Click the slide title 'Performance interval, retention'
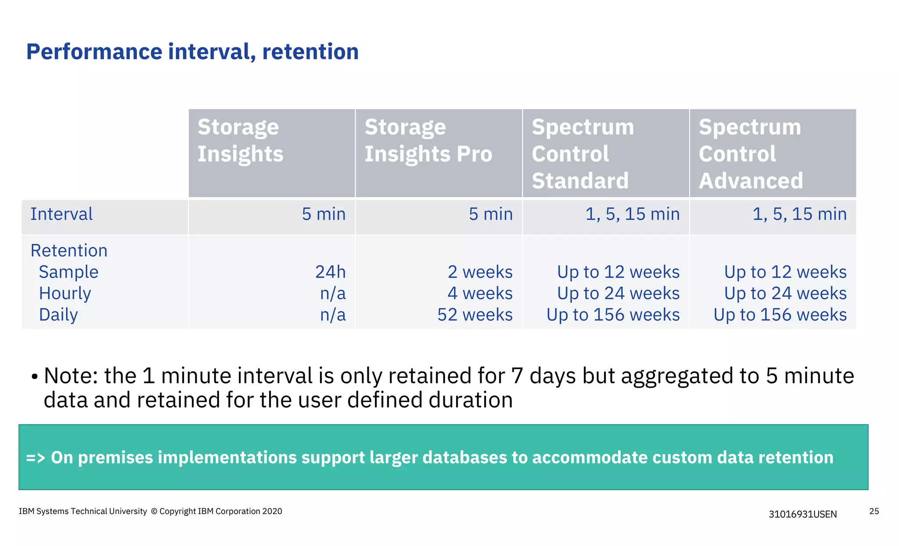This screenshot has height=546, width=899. pos(192,52)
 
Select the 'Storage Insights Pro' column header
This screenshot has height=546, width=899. pos(428,141)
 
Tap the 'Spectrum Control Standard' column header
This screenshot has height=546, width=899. pos(583,154)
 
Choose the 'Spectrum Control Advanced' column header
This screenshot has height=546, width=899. pos(751,154)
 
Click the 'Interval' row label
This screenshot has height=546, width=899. pos(61,214)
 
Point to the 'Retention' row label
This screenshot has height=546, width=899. pos(69,251)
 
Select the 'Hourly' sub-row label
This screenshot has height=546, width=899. pos(65,293)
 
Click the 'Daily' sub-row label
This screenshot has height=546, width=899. pos(58,315)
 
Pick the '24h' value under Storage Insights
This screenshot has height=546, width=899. pos(330,272)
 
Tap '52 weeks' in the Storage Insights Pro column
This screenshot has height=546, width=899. pos(475,315)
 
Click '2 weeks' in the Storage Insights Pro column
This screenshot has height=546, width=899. pos(480,272)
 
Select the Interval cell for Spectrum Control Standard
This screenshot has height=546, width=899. pos(632,214)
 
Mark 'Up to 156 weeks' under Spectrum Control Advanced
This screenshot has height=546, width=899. pos(780,315)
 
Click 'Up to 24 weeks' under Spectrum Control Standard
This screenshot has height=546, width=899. pos(618,293)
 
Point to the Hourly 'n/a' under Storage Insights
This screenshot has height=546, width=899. pos(333,293)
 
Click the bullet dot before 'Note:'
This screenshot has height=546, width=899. pos(35,377)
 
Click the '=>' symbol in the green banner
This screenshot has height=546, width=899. pos(36,458)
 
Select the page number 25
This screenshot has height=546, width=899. pos(874,511)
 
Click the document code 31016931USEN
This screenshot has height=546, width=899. pos(802,514)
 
